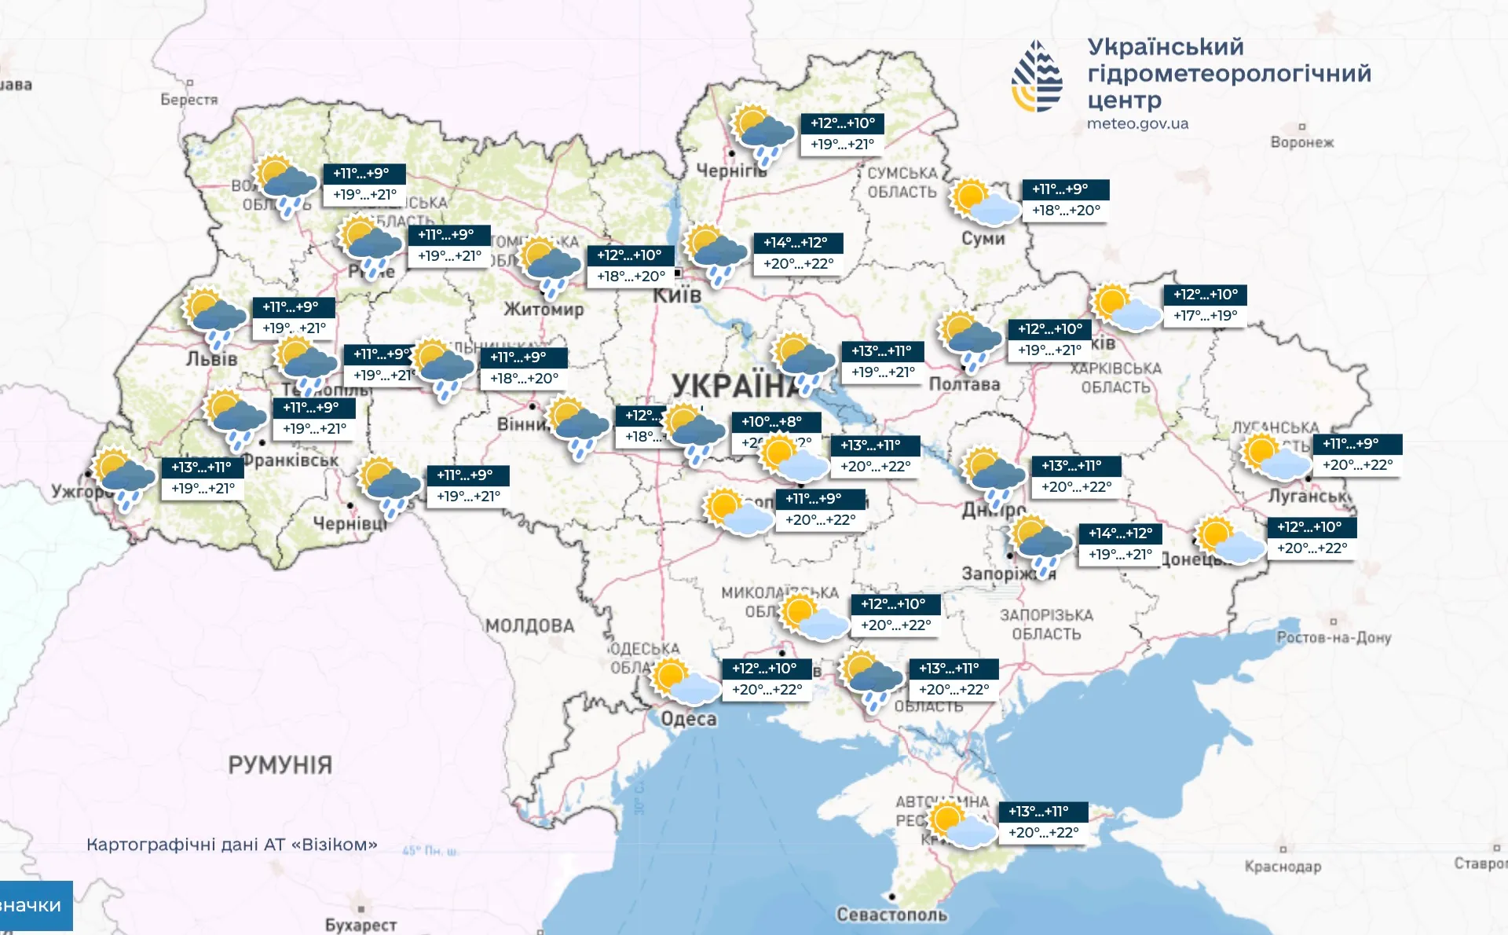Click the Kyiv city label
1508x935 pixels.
point(677,295)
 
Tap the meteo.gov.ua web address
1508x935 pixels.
point(1137,123)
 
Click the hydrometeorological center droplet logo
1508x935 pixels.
point(1037,77)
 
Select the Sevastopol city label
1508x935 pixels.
point(891,915)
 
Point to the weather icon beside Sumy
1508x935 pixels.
point(985,202)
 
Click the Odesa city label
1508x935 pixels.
point(689,719)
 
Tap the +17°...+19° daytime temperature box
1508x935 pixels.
point(1205,316)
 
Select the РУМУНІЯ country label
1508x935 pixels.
point(280,764)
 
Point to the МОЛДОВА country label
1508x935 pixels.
point(530,626)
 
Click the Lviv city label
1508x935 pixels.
point(211,359)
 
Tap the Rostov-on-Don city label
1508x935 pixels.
point(1334,637)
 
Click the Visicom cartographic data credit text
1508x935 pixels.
point(232,845)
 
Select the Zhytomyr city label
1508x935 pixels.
point(544,309)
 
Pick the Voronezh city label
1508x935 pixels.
point(1302,142)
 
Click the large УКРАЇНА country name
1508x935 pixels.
point(734,385)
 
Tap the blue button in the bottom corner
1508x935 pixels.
point(35,906)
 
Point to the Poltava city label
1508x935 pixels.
point(964,384)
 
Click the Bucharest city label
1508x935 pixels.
point(361,925)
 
